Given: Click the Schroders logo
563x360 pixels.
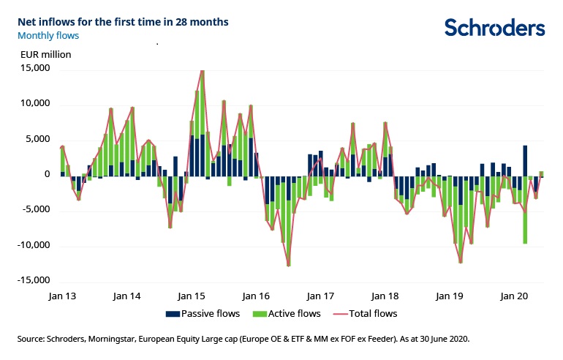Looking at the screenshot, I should coord(495,28).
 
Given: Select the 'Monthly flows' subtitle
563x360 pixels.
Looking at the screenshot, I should coord(49,35).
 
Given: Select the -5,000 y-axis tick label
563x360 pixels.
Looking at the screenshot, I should coord(34,209).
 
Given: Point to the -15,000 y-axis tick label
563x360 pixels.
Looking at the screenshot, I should coord(32,280).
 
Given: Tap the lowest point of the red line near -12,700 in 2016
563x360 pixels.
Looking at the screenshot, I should coord(289,265).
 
